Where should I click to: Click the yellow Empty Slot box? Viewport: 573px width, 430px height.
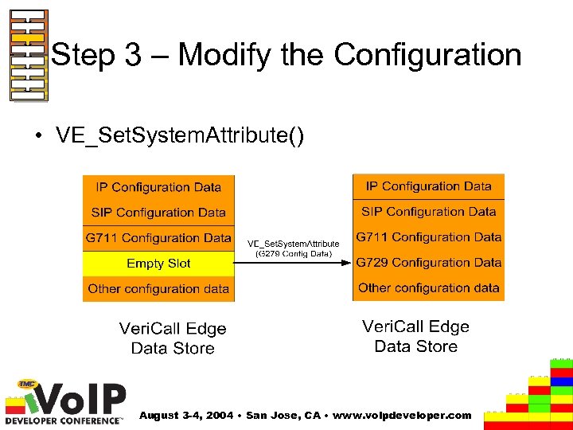[158, 264]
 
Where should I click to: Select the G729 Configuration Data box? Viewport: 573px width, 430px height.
[428, 262]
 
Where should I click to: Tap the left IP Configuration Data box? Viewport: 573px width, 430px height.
[158, 187]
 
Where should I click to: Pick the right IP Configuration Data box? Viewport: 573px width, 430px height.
[428, 186]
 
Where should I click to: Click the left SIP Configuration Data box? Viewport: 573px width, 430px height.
[158, 213]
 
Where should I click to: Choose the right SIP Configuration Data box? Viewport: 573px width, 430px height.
[428, 212]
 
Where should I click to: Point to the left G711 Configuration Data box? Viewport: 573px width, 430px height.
[158, 238]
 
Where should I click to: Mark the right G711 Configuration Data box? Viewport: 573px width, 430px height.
[428, 237]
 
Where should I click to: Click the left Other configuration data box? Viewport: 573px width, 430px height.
[158, 289]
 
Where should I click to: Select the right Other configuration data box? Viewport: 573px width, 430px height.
[428, 287]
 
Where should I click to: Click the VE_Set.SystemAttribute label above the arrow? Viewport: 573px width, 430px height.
[293, 244]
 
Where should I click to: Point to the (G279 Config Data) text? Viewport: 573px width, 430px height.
[293, 254]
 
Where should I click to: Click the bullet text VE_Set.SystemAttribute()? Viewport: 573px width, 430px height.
[180, 135]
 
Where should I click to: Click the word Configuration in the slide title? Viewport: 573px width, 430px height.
[427, 55]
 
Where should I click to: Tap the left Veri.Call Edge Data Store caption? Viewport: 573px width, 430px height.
[173, 338]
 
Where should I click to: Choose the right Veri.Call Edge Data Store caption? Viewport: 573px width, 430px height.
[415, 336]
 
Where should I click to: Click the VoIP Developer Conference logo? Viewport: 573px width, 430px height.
[65, 403]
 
